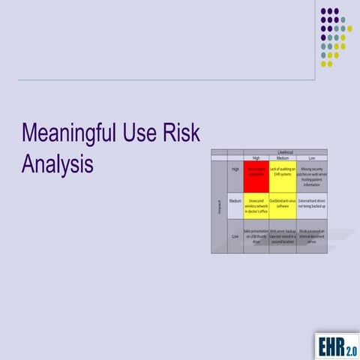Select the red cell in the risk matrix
256,176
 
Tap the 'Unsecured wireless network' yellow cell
256,207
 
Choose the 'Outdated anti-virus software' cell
283,204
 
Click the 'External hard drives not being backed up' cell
312,204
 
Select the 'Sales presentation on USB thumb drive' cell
256,238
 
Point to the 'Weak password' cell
312,238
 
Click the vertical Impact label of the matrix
218,206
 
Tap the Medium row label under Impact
235,202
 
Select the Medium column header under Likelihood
283,158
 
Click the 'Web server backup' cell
283,238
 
